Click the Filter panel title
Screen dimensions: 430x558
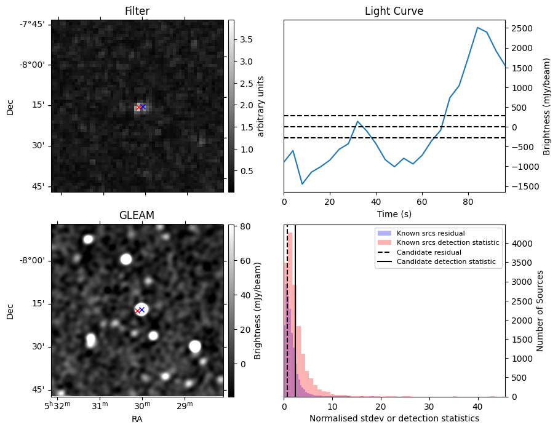[137, 11]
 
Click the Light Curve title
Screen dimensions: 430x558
[394, 11]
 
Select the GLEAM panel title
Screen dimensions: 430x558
[137, 215]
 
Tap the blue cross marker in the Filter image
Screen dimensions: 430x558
[143, 106]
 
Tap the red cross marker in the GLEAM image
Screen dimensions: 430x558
[137, 311]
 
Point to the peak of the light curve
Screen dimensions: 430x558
[477, 27]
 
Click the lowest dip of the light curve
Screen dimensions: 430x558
[302, 184]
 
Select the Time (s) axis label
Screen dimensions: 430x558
[394, 213]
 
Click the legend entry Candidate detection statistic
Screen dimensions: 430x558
[445, 262]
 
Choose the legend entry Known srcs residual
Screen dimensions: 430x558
[430, 234]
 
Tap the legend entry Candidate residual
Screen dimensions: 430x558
[429, 252]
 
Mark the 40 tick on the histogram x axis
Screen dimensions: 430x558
[477, 407]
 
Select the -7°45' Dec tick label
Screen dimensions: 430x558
[31, 24]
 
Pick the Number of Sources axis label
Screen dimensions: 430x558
[541, 311]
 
